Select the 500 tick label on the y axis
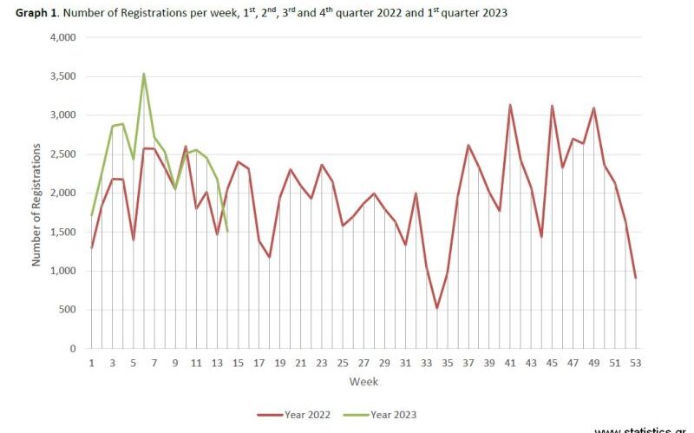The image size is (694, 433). pos(69,310)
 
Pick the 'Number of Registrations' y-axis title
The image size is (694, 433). pos(36,193)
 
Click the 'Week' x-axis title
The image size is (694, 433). pos(363,382)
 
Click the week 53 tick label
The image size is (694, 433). pos(636,362)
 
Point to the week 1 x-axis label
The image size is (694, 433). pos(91,362)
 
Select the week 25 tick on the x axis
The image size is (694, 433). pos(343,362)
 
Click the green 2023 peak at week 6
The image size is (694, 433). pos(144,74)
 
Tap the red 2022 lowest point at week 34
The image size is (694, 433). pos(437,308)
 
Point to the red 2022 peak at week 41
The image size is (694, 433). pos(510,105)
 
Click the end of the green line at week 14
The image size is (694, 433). pos(227,231)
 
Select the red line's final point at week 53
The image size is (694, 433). pos(636,278)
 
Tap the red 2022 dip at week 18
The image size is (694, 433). pos(270,257)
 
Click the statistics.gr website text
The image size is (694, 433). pos(651,429)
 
